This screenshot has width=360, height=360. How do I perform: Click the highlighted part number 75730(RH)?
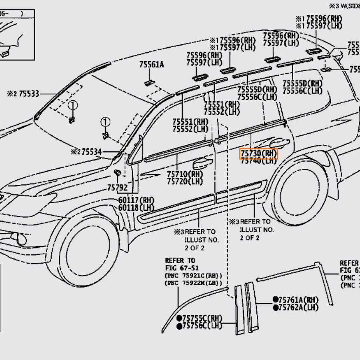[x=258, y=154]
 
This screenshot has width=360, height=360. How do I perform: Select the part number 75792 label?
[x=117, y=188]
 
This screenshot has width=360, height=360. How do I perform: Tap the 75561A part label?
[x=152, y=65]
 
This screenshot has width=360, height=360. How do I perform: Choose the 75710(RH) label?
[x=184, y=175]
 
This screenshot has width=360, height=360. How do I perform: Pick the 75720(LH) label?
[x=184, y=182]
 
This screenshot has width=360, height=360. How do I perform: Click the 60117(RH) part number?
[x=136, y=200]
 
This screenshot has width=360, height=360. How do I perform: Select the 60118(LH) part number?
[x=136, y=208]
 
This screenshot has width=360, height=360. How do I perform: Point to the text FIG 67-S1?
[x=182, y=268]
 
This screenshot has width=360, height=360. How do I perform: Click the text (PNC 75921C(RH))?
[x=193, y=276]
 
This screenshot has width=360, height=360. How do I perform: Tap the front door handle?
[x=202, y=163]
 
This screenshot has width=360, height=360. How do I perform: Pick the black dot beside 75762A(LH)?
[x=276, y=308]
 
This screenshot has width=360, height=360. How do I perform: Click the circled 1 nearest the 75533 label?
[x=72, y=106]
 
